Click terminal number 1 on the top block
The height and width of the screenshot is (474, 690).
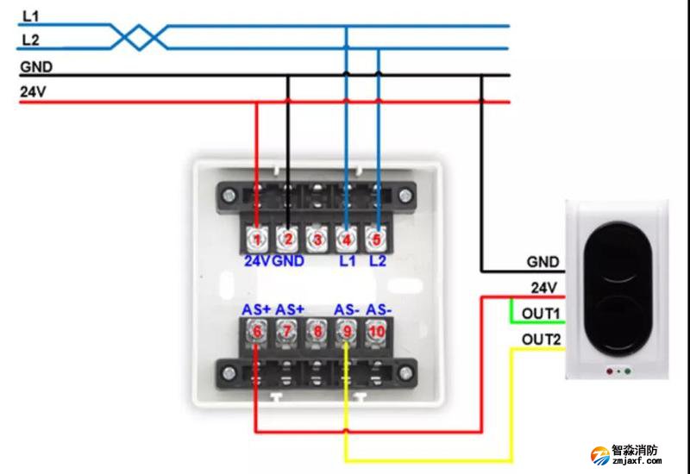[257, 237]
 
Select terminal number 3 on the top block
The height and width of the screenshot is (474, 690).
[317, 238]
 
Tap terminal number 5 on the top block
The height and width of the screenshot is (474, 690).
[376, 237]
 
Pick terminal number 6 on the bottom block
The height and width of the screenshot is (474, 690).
[256, 331]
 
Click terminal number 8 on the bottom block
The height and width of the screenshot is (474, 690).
[317, 331]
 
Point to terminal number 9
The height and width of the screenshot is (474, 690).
[347, 331]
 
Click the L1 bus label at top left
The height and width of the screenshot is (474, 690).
[30, 16]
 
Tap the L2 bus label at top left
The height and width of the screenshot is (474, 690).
[30, 40]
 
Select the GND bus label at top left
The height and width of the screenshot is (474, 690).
[35, 66]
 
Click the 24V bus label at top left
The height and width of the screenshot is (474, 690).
[33, 91]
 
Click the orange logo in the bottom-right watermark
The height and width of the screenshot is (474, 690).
[599, 454]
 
